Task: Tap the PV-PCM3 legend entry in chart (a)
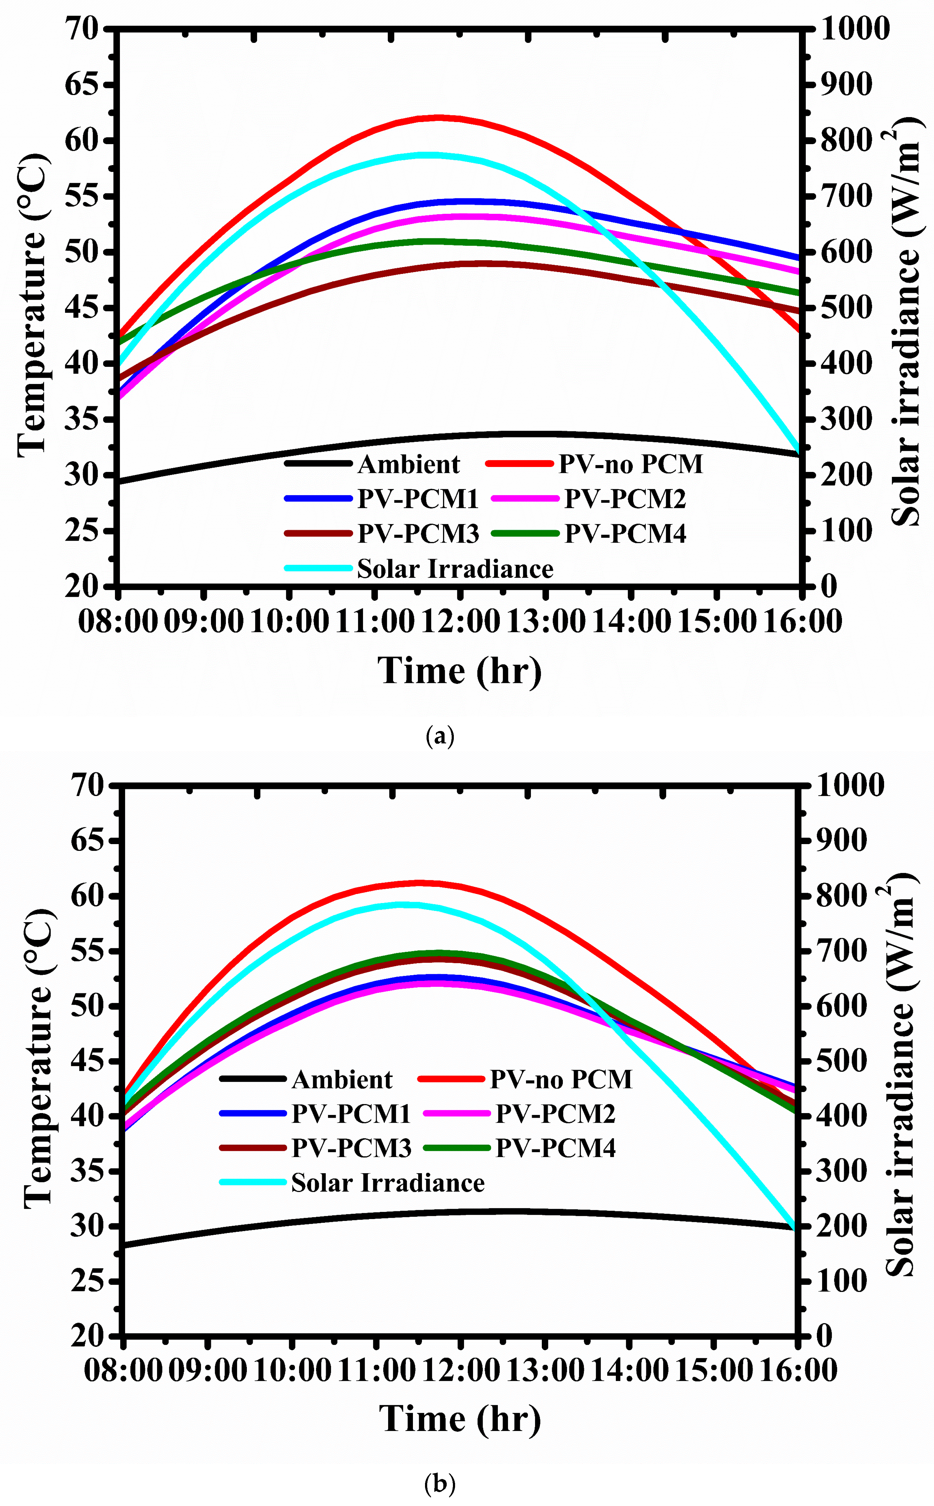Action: [418, 534]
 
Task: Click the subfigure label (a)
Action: [440, 736]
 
